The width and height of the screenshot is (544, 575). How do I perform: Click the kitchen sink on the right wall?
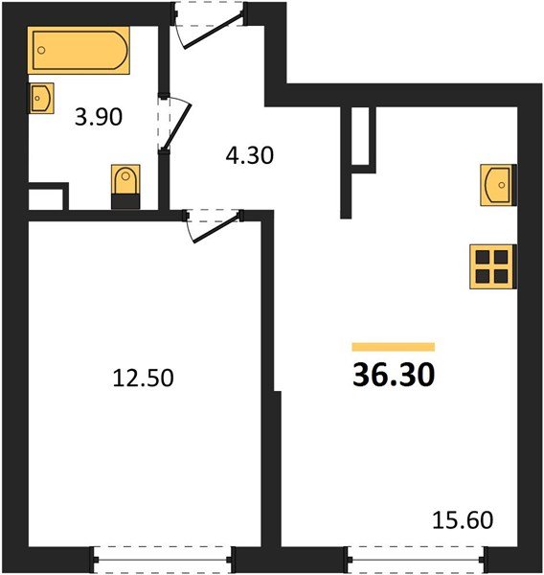(x=498, y=184)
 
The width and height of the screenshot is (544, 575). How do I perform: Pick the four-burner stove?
(x=493, y=266)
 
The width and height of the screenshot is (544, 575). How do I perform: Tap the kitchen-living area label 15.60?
(x=463, y=521)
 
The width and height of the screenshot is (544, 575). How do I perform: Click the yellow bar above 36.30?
(x=394, y=347)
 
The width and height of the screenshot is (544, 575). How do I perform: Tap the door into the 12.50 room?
(x=213, y=225)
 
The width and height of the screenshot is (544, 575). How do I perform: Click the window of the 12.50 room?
(x=163, y=559)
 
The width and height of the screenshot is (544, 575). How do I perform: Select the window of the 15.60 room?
(x=416, y=559)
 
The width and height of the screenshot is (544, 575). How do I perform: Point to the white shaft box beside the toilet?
(x=45, y=199)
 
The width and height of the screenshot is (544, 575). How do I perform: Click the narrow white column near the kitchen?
(x=360, y=140)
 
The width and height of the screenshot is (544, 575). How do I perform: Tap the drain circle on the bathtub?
(x=41, y=44)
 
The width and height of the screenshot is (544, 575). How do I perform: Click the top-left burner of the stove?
(x=484, y=257)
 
